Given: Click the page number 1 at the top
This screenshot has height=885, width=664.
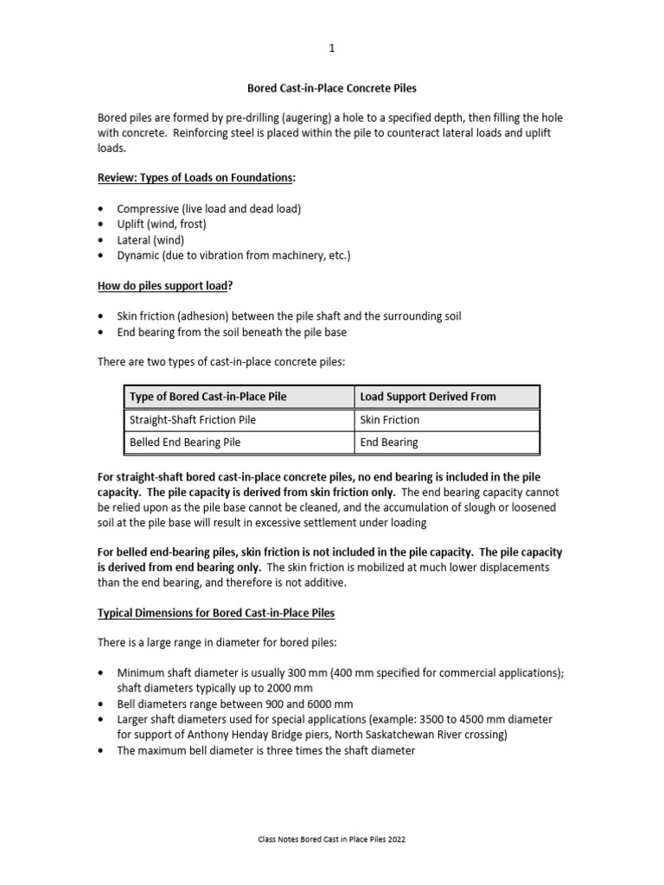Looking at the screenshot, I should [x=331, y=49].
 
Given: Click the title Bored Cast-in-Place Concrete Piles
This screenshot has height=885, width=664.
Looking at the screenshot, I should [x=333, y=88].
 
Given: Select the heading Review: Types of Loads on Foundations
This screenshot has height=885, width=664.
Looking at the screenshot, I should [x=195, y=177].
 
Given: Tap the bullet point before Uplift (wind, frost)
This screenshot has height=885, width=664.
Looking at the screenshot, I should [x=101, y=225].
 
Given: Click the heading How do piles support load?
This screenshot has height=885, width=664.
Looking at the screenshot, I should [x=167, y=286].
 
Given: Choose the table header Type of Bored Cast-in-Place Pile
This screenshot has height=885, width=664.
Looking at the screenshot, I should [x=207, y=397].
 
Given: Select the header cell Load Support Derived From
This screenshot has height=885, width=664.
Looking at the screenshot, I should [x=428, y=397].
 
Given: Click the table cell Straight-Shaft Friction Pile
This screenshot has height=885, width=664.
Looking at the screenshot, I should [x=192, y=420].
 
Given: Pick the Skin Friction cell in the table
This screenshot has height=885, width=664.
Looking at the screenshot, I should [x=390, y=420].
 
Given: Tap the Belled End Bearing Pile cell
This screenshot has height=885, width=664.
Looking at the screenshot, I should [x=185, y=442].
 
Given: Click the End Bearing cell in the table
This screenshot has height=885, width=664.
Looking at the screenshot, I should [x=389, y=442].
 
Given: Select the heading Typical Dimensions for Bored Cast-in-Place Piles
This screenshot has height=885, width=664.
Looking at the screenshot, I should [x=215, y=613].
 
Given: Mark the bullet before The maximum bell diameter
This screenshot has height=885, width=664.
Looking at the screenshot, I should [x=101, y=751].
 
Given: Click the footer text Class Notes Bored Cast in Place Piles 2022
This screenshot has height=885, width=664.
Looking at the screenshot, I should [x=332, y=839].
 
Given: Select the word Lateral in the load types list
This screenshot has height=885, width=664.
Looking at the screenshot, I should [x=136, y=240].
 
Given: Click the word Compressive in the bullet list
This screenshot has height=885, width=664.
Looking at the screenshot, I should [x=150, y=209].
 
